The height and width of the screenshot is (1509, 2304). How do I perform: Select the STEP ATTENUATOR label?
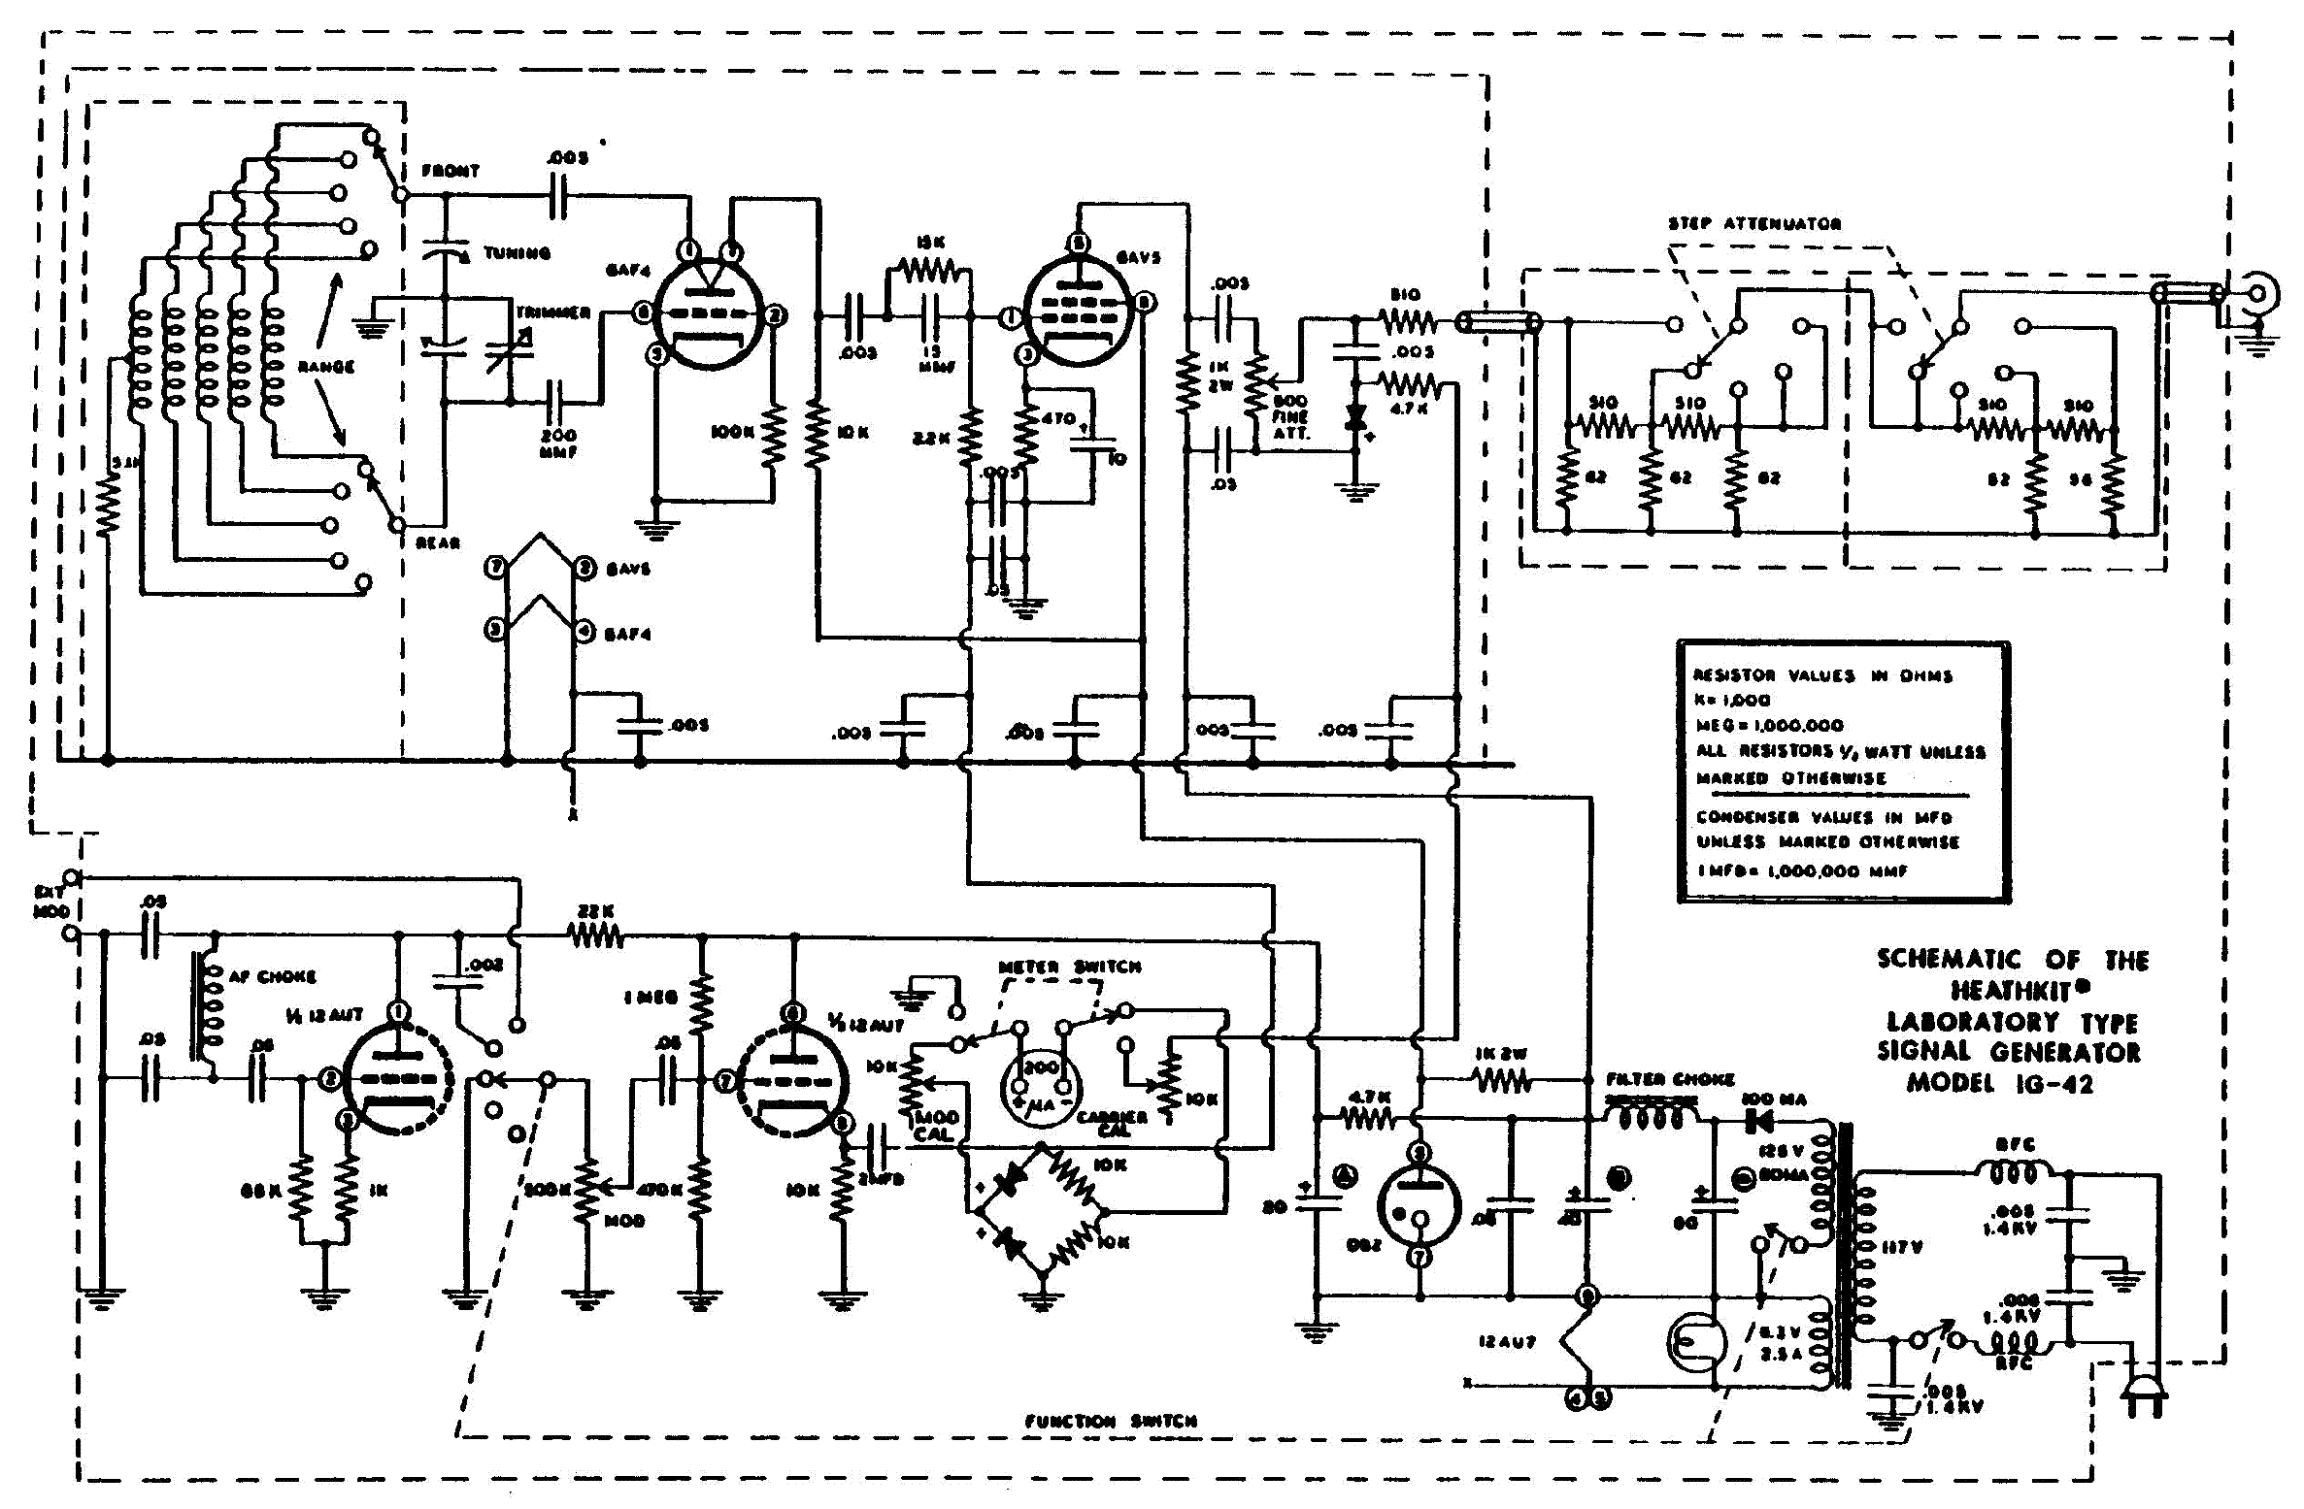(x=1754, y=223)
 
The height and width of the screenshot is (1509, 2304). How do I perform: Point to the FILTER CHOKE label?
(x=1670, y=1078)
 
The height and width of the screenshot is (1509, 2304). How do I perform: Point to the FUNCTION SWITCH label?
(x=1111, y=1421)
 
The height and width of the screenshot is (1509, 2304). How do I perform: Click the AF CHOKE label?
(x=272, y=975)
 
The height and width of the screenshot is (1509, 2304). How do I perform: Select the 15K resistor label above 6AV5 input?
(x=929, y=242)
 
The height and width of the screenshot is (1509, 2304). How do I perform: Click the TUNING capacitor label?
(x=517, y=253)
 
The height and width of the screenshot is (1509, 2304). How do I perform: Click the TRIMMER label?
(x=553, y=312)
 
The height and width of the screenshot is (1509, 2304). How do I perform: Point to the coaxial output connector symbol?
(x=2260, y=293)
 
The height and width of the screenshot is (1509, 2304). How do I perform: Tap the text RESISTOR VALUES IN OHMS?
(x=1821, y=675)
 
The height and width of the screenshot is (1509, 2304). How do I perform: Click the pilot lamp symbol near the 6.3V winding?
(x=1695, y=1342)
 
